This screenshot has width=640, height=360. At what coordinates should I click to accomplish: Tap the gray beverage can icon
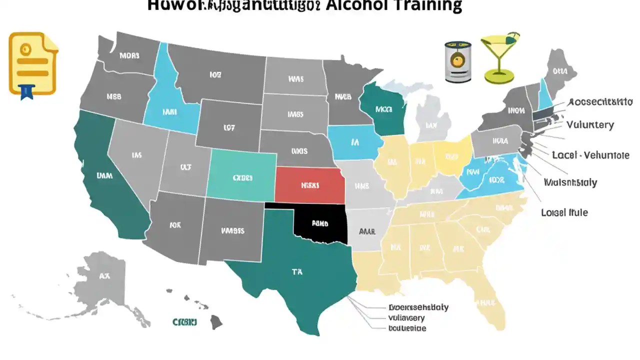(458, 61)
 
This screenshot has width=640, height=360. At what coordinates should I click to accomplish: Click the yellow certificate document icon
(33, 63)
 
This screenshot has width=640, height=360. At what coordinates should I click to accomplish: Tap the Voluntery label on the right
(590, 125)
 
